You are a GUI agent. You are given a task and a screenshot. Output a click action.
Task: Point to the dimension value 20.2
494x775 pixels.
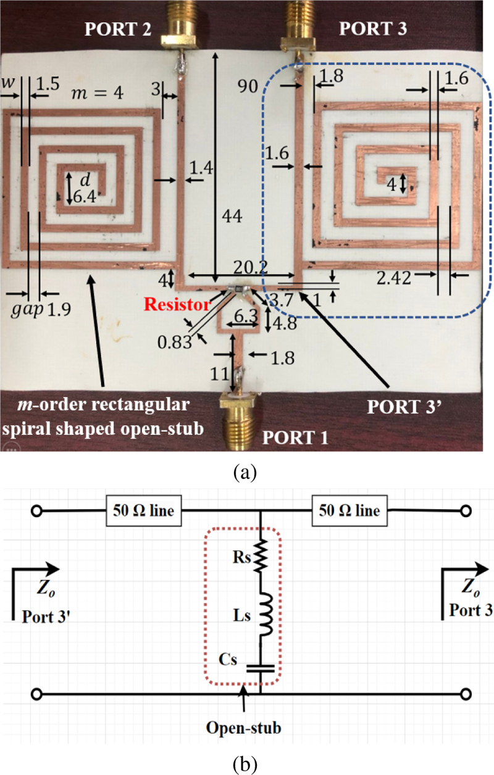coord(247,265)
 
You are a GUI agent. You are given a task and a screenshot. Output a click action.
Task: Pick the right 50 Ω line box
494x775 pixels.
coord(350,512)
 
